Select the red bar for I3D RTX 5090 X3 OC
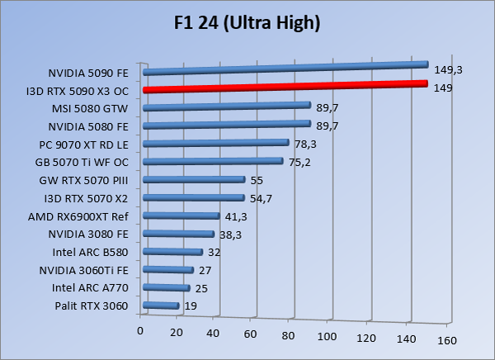click(x=285, y=87)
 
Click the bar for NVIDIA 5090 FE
click(x=285, y=68)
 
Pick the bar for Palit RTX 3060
click(x=161, y=306)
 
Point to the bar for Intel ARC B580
click(x=172, y=253)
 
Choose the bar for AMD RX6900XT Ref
click(x=181, y=216)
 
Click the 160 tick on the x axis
click(x=446, y=340)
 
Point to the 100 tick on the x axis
click(x=328, y=336)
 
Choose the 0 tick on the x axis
click(x=141, y=331)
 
